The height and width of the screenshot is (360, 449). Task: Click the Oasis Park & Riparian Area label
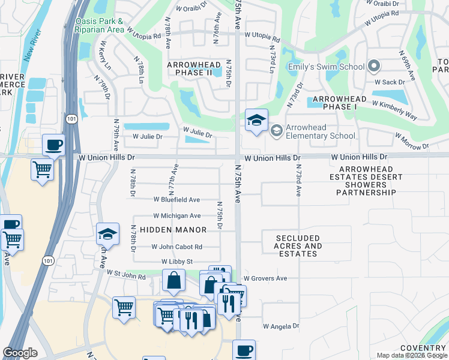click(100, 25)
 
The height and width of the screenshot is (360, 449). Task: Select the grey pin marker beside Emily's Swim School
click(374, 66)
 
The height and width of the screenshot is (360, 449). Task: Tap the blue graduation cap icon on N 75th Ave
click(256, 120)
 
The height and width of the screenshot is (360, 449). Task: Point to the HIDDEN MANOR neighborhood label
click(173, 230)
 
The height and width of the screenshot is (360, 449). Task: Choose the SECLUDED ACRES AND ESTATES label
click(298, 246)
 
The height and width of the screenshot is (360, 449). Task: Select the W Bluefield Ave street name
click(176, 199)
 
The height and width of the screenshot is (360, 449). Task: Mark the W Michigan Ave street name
click(176, 215)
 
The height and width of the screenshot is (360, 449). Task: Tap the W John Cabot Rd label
click(176, 247)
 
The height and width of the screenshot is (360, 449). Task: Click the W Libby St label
click(176, 262)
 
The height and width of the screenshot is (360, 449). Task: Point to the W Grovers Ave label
click(265, 278)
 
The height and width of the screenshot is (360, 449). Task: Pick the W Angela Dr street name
click(281, 326)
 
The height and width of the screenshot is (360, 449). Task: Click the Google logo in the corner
click(20, 352)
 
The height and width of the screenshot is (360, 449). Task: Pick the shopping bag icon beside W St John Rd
click(173, 280)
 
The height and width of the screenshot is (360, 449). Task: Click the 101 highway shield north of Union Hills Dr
click(71, 119)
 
